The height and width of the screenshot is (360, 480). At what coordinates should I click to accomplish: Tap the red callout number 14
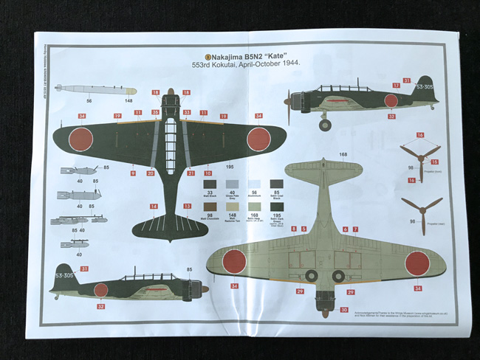(154, 207)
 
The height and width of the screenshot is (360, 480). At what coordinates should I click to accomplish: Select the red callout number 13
(188, 207)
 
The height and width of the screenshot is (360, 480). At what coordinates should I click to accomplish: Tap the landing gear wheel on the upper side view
(325, 125)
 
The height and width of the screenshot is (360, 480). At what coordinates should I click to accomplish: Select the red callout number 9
(133, 173)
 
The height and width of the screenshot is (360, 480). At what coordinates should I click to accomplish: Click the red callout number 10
(208, 173)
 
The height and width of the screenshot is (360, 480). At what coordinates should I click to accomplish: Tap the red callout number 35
(155, 113)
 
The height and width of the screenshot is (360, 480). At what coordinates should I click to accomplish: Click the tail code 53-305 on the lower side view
(65, 276)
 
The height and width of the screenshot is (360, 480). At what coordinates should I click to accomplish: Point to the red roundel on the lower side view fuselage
(100, 290)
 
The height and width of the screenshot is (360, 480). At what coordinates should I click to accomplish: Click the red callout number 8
(293, 229)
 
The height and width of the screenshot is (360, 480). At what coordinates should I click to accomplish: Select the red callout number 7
(355, 229)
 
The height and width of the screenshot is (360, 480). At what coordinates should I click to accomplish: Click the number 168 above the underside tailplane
(343, 155)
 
